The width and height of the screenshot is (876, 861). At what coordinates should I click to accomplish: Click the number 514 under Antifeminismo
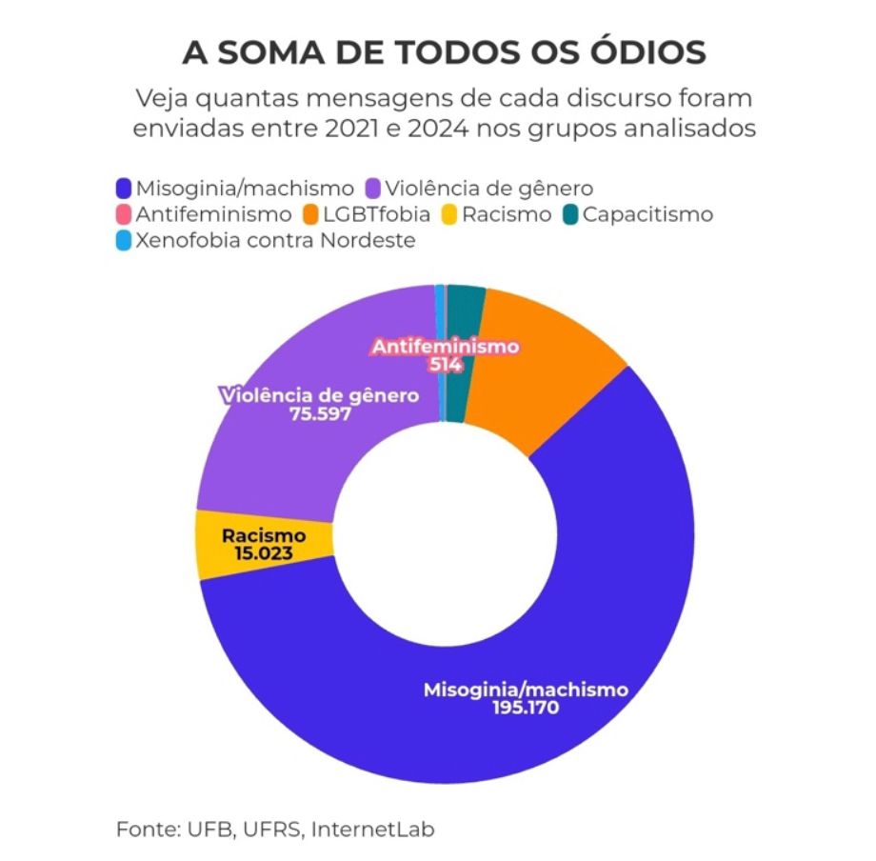445,365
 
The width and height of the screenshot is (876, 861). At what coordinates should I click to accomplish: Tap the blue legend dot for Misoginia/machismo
122,189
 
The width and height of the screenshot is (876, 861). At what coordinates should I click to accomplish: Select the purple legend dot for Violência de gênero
375,189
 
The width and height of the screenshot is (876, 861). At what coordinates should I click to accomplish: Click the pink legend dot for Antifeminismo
122,214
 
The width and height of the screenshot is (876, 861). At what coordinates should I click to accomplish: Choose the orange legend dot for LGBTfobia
309,214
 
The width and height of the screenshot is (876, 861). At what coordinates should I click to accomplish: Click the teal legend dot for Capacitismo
568,214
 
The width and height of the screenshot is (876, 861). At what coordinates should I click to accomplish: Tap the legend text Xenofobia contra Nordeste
276,240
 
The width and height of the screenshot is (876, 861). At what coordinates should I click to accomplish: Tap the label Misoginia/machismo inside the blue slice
526,689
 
